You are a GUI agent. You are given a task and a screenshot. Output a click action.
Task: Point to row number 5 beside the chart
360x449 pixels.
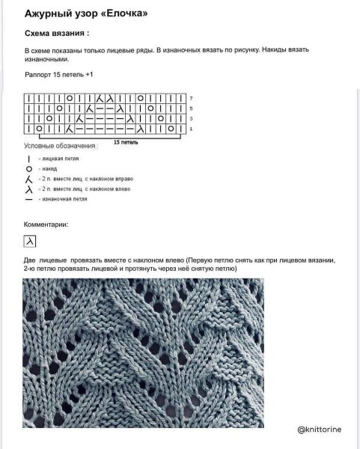pyautogui.click(x=192, y=109)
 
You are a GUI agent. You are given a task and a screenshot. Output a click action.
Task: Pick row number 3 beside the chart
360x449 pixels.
pyautogui.click(x=192, y=119)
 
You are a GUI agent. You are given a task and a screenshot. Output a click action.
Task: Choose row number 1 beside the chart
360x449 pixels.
pyautogui.click(x=192, y=129)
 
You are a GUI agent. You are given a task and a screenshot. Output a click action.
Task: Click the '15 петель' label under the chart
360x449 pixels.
pyautogui.click(x=125, y=141)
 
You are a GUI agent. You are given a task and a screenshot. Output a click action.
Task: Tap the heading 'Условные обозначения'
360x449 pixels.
pyautogui.click(x=61, y=146)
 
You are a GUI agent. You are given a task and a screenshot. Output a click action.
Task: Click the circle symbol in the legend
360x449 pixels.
pyautogui.click(x=28, y=170)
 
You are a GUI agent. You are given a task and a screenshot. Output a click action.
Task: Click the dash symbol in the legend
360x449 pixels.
pyautogui.click(x=28, y=200)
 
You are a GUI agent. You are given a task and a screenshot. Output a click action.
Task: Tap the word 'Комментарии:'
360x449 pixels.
pyautogui.click(x=46, y=224)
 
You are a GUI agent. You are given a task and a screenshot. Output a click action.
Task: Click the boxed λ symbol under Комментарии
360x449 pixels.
pyautogui.click(x=30, y=242)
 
